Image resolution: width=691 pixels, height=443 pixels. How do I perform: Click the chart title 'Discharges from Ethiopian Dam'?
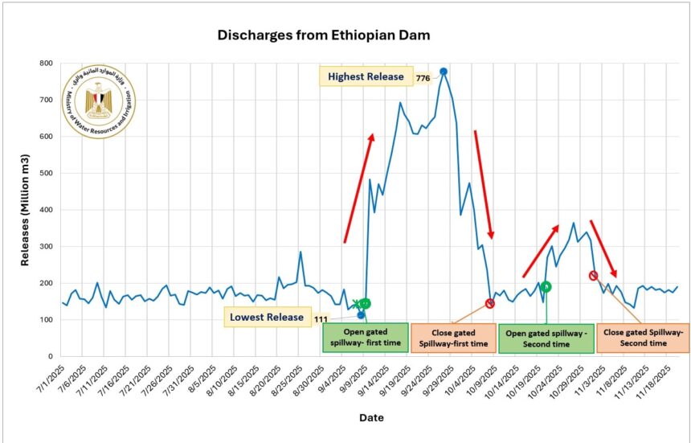point(325,35)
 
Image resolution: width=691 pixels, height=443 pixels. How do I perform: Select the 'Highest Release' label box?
point(366,76)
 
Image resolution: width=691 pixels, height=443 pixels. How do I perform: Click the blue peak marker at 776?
point(444,72)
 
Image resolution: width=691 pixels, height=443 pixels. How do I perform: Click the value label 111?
point(321,319)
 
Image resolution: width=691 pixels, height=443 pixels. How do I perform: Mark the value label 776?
point(423,79)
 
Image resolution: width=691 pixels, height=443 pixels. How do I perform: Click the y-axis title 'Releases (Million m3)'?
point(27,210)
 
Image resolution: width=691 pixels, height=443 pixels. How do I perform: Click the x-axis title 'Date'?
point(371,417)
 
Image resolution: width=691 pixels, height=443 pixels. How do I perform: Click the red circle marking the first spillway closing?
point(490,303)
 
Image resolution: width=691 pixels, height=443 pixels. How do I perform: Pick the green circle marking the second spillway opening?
point(546,286)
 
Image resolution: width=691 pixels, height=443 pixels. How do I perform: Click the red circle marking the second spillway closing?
point(594,276)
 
